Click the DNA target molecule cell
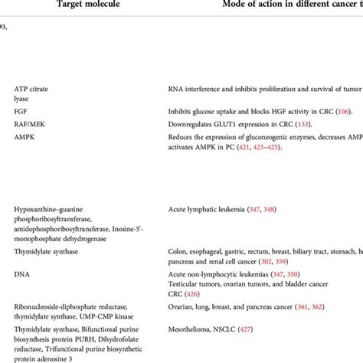(21, 273)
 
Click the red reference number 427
(250, 330)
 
